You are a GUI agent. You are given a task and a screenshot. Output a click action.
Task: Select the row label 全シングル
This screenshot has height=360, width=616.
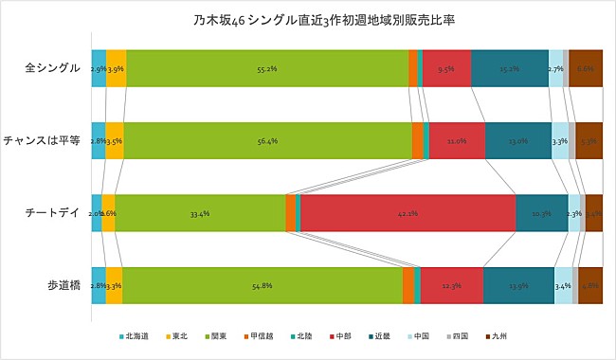pyautogui.click(x=51, y=68)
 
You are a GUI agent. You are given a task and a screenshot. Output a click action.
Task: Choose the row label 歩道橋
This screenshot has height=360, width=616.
pyautogui.click(x=63, y=285)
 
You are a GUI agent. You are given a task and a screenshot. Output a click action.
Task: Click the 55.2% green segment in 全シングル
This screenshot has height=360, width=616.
pyautogui.click(x=266, y=68)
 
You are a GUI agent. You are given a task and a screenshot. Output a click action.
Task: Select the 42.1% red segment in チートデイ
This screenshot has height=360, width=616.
pyautogui.click(x=408, y=213)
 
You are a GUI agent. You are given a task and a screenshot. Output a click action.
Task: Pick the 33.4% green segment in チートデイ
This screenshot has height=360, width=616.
pyautogui.click(x=200, y=213)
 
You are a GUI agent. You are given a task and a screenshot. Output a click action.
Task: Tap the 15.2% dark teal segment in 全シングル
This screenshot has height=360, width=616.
pyautogui.click(x=509, y=68)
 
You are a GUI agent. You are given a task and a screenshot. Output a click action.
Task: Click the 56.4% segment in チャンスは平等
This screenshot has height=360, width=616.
pyautogui.click(x=267, y=140)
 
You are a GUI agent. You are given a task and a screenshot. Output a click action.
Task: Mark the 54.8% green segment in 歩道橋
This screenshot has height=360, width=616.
pyautogui.click(x=263, y=285)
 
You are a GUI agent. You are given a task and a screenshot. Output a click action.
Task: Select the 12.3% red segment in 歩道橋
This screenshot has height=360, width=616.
pyautogui.click(x=451, y=285)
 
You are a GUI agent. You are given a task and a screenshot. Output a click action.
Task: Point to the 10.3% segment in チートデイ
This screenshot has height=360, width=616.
pyautogui.click(x=541, y=213)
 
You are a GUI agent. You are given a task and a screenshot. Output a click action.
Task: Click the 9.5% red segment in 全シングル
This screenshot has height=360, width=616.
pyautogui.click(x=446, y=68)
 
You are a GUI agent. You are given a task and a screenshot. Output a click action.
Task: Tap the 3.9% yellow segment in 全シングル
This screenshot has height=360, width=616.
pyautogui.click(x=116, y=68)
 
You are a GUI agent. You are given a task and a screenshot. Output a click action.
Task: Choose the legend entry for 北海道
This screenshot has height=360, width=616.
pyautogui.click(x=137, y=335)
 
